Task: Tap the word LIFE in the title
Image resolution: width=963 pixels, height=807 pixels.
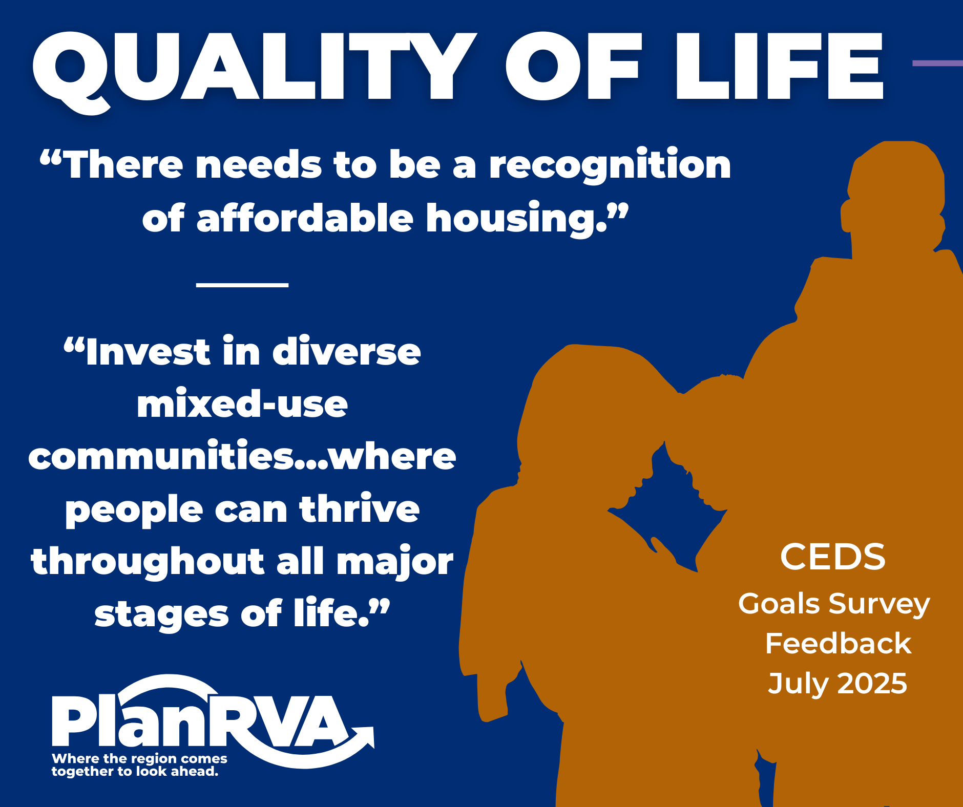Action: [779, 66]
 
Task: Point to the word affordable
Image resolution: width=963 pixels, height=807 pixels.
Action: [305, 217]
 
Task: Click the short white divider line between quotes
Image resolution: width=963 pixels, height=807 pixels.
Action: [242, 284]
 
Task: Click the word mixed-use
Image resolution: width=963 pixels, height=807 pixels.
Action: [242, 404]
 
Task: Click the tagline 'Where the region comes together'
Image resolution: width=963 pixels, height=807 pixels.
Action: [139, 765]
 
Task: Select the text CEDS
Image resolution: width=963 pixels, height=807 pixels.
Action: [832, 557]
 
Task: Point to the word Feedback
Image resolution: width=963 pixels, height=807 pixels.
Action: [838, 643]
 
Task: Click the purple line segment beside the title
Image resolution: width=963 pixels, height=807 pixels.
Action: [938, 63]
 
